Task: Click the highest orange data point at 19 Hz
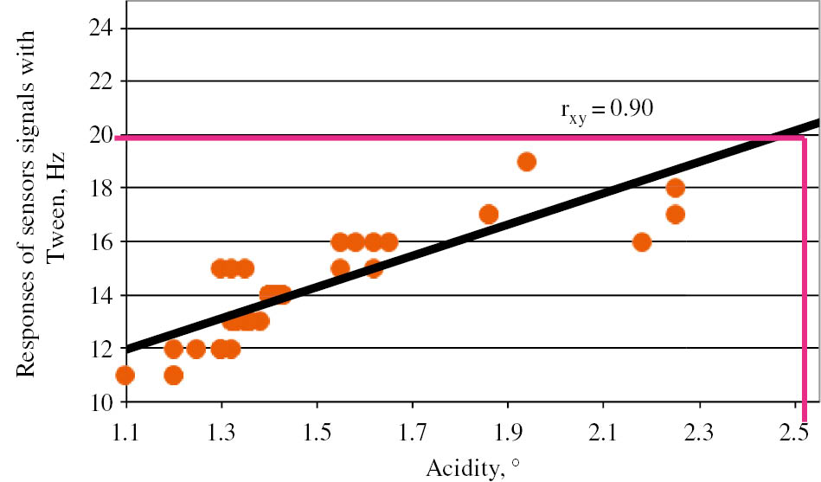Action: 526,162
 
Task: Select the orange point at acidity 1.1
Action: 125,375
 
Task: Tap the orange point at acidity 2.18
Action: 641,241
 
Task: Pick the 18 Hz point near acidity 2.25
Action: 676,188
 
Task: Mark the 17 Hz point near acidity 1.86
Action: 489,214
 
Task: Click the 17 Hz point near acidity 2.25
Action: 676,214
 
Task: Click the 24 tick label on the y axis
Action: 102,29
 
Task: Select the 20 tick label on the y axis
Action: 102,135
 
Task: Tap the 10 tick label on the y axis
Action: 102,402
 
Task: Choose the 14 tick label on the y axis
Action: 102,295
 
